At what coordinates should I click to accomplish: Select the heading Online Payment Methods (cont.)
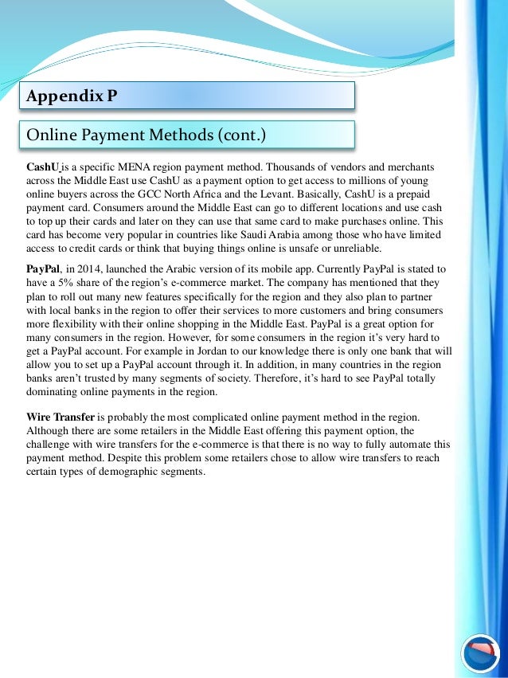[x=146, y=135]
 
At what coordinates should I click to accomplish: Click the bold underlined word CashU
[x=43, y=167]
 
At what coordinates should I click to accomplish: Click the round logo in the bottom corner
[x=481, y=653]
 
